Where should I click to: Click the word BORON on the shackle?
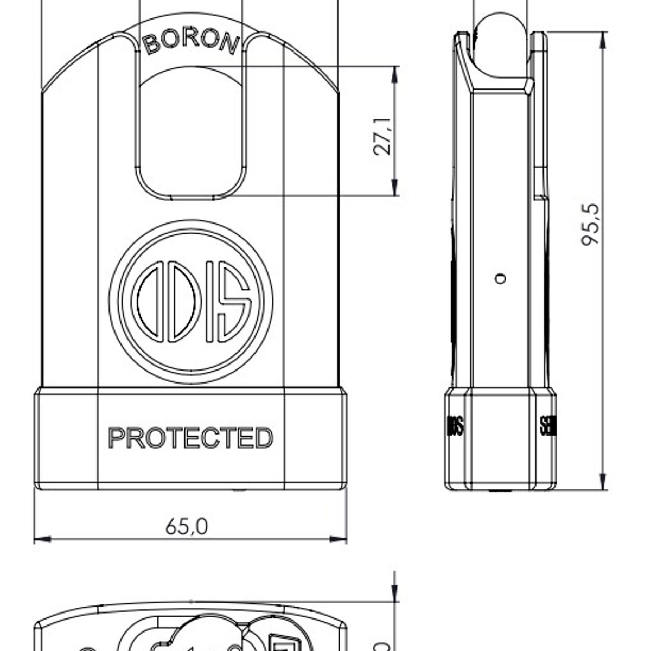pos(190,42)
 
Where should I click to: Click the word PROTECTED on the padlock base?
pos(190,438)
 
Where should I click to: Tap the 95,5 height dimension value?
pos(591,225)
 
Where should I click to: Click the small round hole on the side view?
pos(501,279)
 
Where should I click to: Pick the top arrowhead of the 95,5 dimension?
pos(602,39)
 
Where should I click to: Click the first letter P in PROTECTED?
pos(116,438)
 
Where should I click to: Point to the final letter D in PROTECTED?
pos(264,438)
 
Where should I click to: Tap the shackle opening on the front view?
pos(190,136)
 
